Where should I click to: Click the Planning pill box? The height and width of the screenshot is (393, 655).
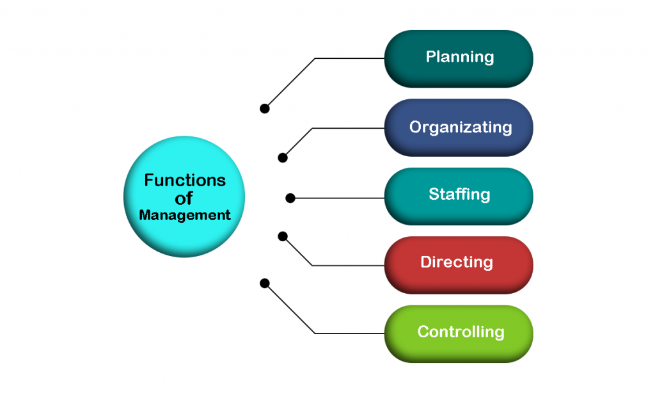point(458,58)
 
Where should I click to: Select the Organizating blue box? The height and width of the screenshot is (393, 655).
point(458,127)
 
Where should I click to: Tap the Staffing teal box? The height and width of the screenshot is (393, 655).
point(458,195)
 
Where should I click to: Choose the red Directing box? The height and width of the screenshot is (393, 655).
point(458,264)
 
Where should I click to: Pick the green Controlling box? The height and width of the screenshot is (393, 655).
point(458,333)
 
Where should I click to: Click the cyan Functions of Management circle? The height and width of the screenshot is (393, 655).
point(185,196)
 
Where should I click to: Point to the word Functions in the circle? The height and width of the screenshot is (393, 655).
point(185,180)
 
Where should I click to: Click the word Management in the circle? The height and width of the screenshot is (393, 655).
point(185,215)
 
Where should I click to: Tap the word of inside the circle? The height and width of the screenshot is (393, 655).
point(184,198)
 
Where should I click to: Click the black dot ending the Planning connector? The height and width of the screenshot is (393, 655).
point(265,109)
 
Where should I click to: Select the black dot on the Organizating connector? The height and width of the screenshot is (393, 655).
point(283,157)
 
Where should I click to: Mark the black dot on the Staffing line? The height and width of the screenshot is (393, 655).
point(290,198)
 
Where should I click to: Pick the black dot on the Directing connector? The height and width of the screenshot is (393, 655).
point(283,236)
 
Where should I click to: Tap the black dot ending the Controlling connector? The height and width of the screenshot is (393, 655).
point(265,283)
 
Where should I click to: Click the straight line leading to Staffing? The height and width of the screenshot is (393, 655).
point(339,198)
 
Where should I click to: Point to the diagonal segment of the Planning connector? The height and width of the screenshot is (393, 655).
point(291,83)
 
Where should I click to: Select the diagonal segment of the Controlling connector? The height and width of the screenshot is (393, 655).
point(291,309)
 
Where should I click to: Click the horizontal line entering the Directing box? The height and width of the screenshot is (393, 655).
point(349,265)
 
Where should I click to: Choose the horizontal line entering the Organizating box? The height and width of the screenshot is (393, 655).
point(349,128)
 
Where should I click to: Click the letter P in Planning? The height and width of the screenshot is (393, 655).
point(430,57)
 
